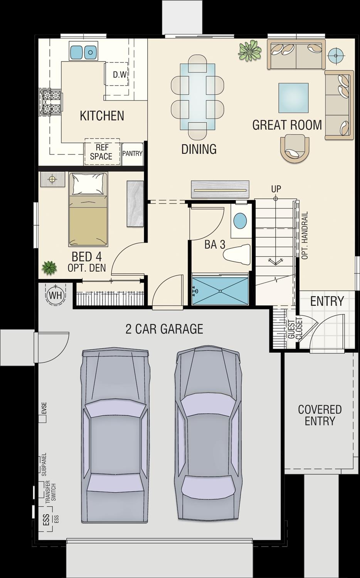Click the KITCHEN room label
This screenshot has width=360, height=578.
(102, 116)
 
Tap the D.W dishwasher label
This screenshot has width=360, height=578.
(120, 74)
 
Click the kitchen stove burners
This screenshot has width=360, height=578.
(50, 103)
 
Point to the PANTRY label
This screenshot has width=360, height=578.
(132, 153)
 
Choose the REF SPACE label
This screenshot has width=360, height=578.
(101, 152)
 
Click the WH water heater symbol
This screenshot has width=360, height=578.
(56, 295)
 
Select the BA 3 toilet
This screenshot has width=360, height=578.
(237, 254)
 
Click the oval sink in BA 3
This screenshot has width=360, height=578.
(240, 221)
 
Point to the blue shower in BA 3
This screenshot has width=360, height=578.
(220, 291)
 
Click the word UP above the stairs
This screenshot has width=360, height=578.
(276, 189)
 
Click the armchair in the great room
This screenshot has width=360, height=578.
(294, 148)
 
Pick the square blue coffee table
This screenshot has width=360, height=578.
(293, 98)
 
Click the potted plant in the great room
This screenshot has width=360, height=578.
(249, 51)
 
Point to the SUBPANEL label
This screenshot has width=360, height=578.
(44, 465)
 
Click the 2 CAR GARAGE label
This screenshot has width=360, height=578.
(164, 329)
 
